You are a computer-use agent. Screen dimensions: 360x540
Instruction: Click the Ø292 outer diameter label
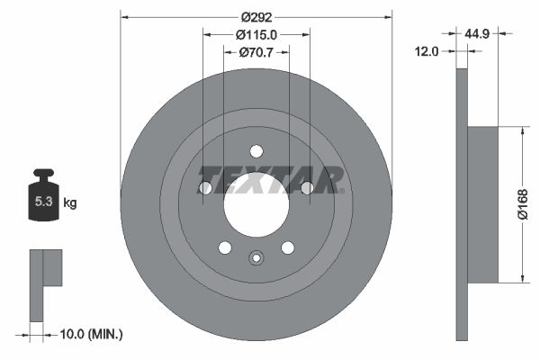point(256,15)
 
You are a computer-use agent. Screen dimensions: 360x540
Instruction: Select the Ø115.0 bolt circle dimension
point(256,34)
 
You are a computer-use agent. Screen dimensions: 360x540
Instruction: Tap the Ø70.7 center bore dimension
point(256,52)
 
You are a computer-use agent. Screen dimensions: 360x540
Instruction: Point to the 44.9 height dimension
point(477,33)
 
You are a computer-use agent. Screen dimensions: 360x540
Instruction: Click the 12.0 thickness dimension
point(427,51)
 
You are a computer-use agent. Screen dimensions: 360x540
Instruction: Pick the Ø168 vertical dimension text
point(522,204)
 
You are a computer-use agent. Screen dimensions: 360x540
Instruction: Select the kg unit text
point(70,202)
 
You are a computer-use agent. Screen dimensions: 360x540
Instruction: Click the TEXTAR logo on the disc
point(270,179)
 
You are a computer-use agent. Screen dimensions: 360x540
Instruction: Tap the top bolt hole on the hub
point(256,151)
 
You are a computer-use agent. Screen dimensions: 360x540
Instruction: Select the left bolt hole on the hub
point(205,188)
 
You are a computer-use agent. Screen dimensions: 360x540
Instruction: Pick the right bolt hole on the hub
point(307,188)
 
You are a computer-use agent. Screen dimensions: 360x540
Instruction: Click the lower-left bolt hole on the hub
point(225,247)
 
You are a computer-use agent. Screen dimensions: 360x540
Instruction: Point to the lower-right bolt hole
point(288,247)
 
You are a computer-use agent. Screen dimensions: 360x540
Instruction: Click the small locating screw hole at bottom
point(256,259)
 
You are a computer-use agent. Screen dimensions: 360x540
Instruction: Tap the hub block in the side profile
point(483,204)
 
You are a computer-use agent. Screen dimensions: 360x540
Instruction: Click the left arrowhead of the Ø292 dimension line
point(124,15)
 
